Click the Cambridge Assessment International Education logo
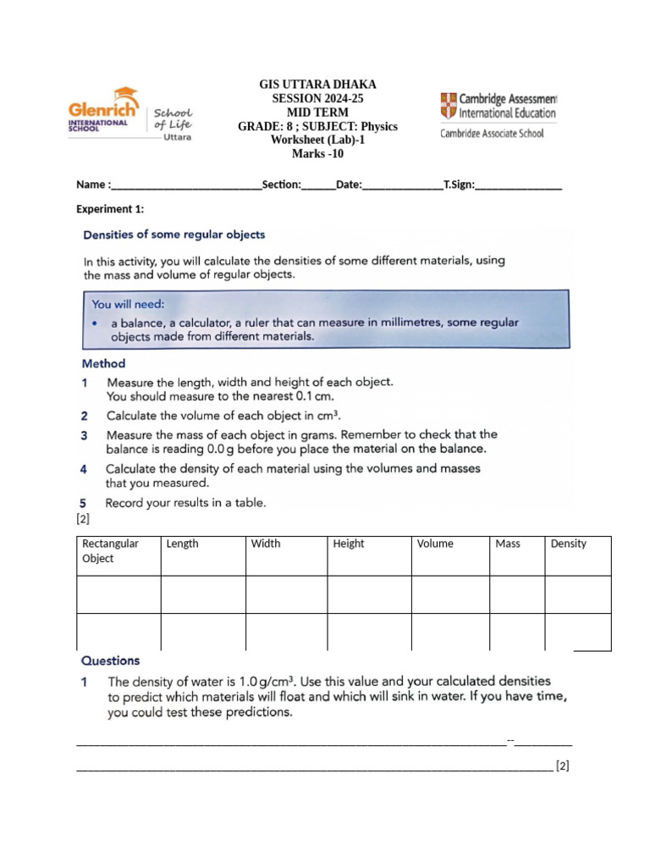(x=498, y=106)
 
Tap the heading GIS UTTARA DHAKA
(x=317, y=85)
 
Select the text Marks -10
(x=317, y=154)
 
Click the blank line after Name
(x=186, y=185)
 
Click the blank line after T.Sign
(x=518, y=185)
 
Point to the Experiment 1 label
(x=110, y=209)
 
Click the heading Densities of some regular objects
(x=174, y=235)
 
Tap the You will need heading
(x=129, y=304)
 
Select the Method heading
(x=103, y=363)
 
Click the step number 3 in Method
(x=85, y=434)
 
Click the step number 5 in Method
(x=85, y=502)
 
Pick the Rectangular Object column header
(x=110, y=550)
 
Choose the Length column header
(x=183, y=544)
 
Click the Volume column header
(x=435, y=544)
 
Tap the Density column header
(x=568, y=544)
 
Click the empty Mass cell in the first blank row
(x=516, y=594)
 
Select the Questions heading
(x=110, y=660)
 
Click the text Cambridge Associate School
(x=492, y=133)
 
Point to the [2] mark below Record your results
(x=84, y=518)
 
